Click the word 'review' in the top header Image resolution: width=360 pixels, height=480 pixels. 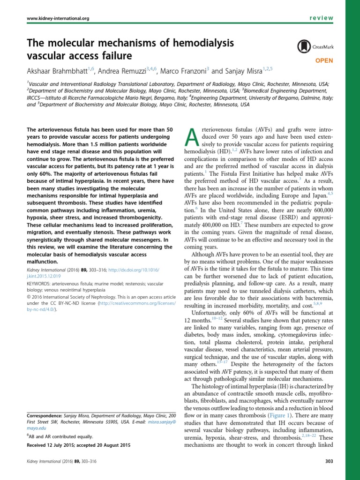tap(321, 17)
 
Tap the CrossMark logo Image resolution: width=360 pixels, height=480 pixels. tap(311, 46)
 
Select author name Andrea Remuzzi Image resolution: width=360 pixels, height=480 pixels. tap(122, 71)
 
